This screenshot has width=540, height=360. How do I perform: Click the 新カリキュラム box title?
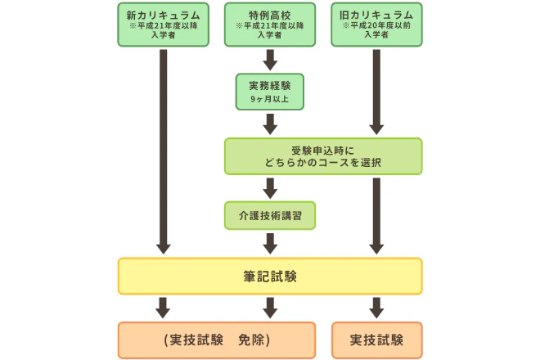[x=163, y=15]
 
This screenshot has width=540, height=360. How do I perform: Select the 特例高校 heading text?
[x=269, y=15]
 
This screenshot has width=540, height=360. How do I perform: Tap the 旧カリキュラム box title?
[x=376, y=15]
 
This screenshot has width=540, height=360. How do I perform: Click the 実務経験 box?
[x=269, y=90]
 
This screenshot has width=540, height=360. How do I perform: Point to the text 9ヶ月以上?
[x=269, y=99]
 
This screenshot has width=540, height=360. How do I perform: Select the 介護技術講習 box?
[x=269, y=215]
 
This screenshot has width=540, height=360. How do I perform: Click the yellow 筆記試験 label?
[x=269, y=277]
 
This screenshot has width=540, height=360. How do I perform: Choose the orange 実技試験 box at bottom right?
[x=376, y=340]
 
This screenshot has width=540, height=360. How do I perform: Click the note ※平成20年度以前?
[x=376, y=26]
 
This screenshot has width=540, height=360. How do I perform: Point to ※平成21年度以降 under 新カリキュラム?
[x=163, y=26]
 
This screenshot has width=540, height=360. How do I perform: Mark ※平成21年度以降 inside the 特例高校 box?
[x=269, y=26]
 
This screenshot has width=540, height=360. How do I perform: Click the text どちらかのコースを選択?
[x=322, y=162]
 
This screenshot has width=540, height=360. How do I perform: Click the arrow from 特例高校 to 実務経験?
[x=269, y=60]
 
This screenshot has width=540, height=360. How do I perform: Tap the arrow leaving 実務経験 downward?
[x=269, y=123]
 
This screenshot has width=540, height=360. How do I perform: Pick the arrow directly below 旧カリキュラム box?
[x=376, y=90]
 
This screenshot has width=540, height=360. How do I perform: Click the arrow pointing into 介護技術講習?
[x=269, y=187]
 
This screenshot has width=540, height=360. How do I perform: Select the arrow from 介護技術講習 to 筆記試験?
[x=269, y=243]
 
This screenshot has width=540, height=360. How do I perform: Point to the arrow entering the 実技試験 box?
[x=376, y=308]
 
